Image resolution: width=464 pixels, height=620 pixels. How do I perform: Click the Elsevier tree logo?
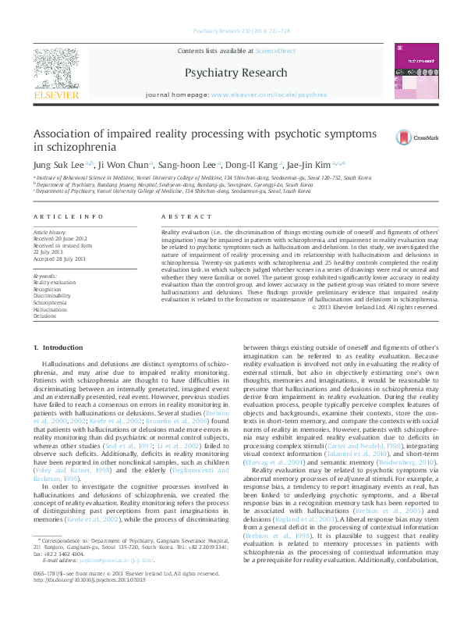(x=56, y=69)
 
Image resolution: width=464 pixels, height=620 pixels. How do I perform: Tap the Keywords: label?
(x=46, y=276)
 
